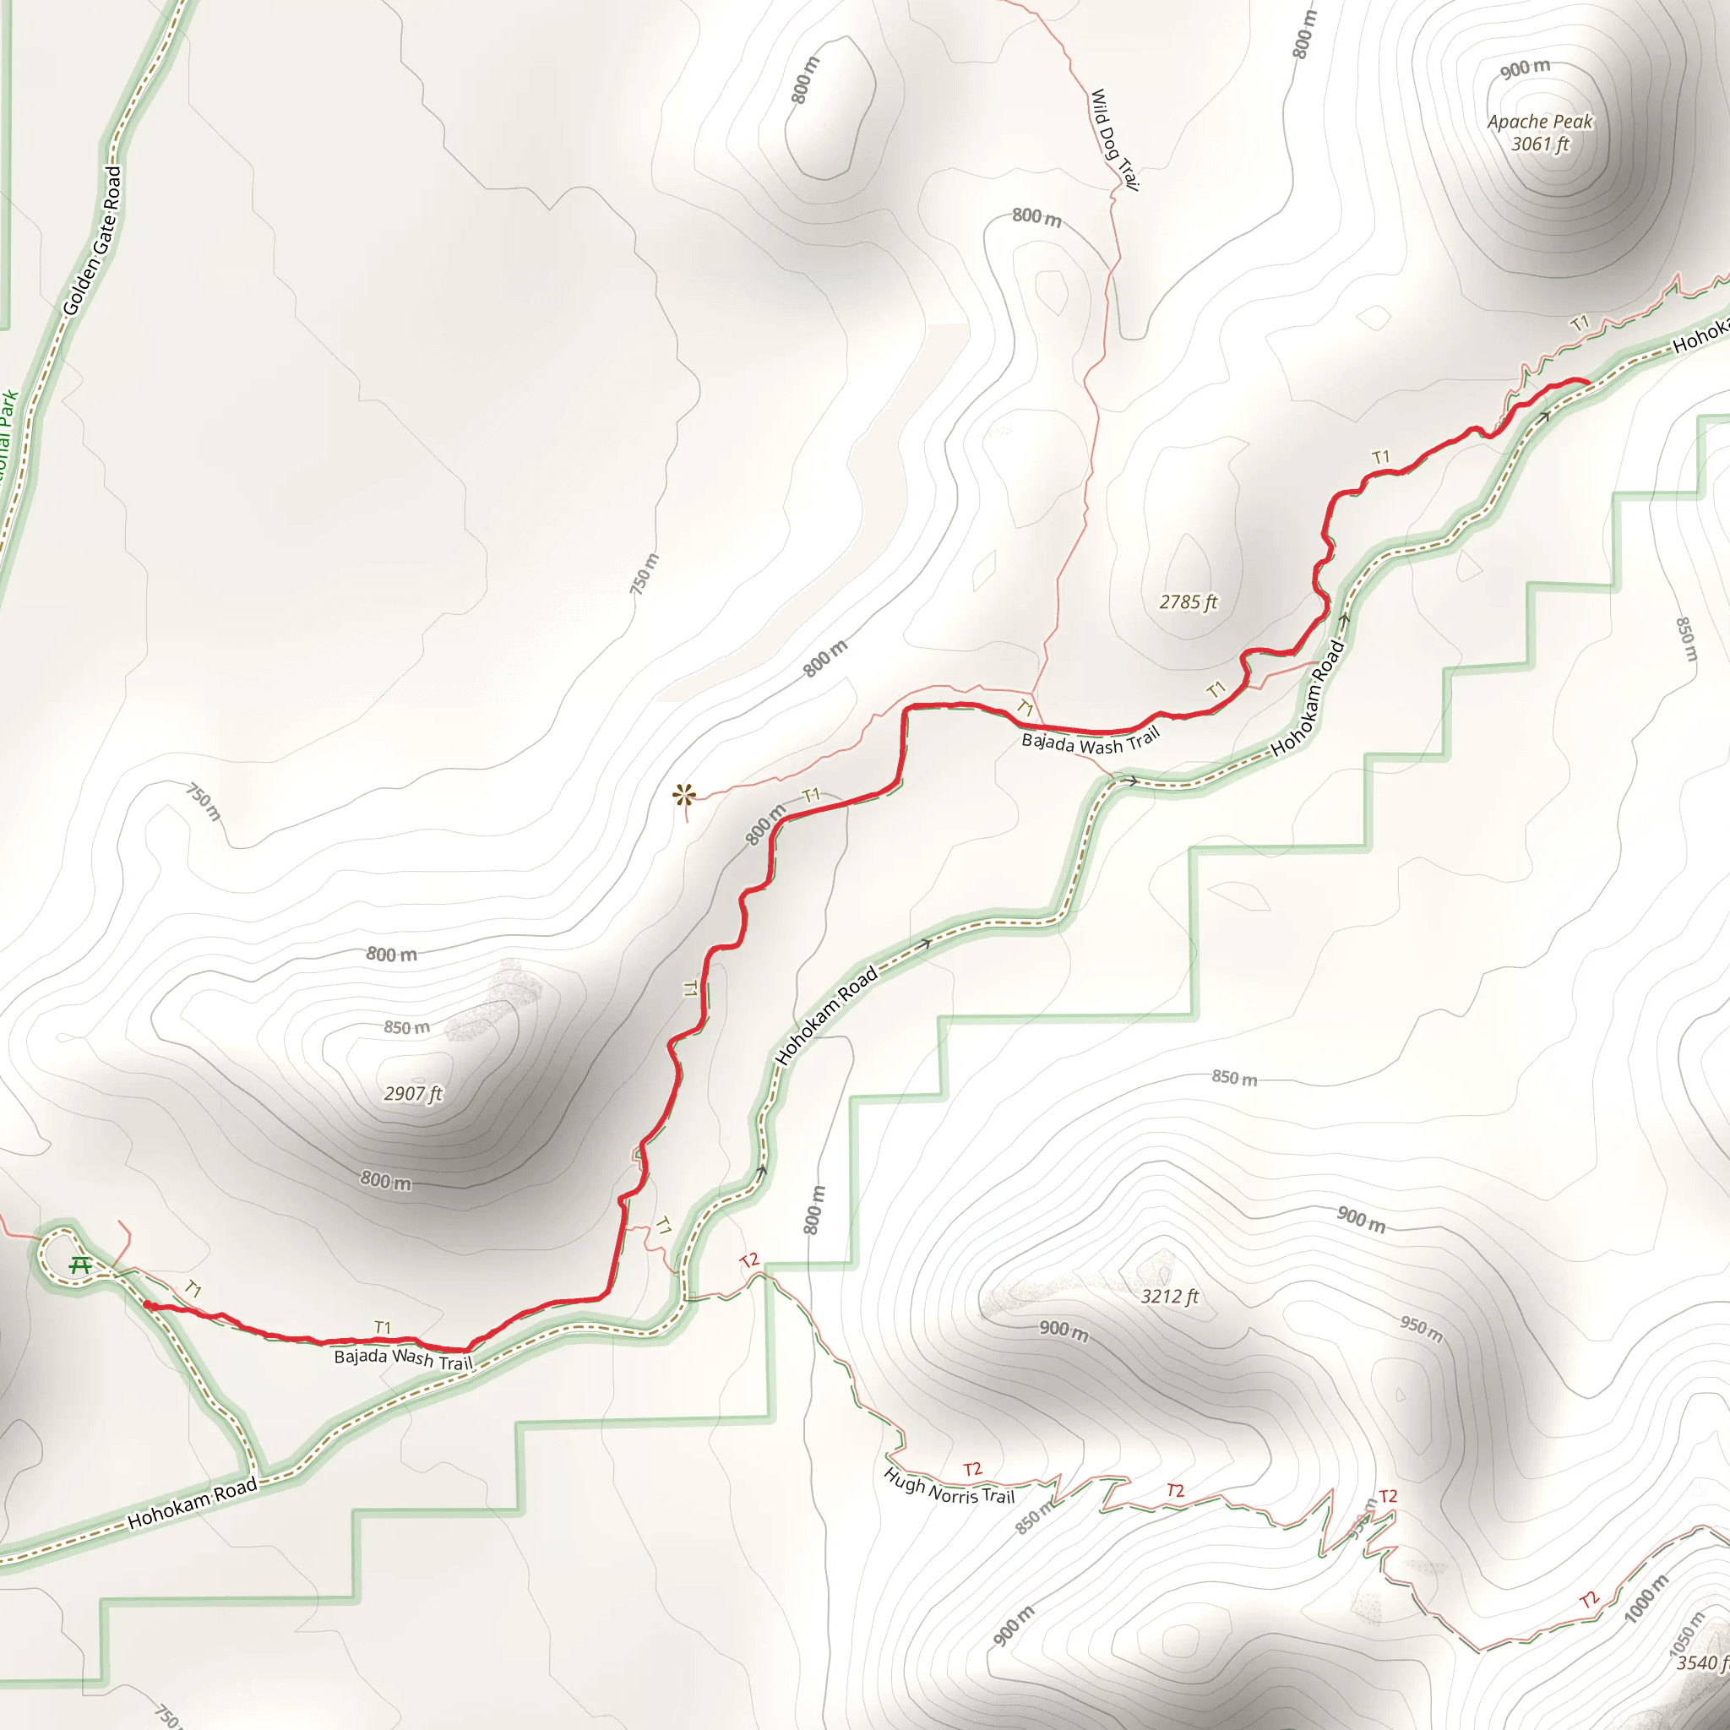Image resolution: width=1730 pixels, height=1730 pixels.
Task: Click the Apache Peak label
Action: (x=1540, y=122)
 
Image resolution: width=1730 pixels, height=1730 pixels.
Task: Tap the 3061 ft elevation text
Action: (x=1540, y=144)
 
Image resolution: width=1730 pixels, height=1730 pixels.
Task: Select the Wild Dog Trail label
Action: (x=1114, y=139)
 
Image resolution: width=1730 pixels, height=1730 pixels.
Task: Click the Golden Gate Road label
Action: (x=92, y=240)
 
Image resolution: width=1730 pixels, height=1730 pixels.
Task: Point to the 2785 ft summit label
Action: (x=1189, y=602)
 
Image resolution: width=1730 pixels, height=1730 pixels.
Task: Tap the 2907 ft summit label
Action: (x=413, y=1093)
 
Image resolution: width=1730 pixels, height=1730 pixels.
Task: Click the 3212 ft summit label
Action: (x=1169, y=1297)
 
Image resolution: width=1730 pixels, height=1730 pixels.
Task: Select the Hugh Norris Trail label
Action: (x=949, y=1487)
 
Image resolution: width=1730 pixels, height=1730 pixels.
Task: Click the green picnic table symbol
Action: (x=80, y=1265)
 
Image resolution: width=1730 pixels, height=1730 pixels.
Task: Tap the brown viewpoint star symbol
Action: (x=685, y=793)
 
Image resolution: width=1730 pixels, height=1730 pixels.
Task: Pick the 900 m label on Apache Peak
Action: (x=1525, y=68)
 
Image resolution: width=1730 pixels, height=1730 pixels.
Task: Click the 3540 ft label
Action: (x=1701, y=1662)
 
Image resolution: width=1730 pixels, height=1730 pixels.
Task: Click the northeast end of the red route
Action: (x=1586, y=383)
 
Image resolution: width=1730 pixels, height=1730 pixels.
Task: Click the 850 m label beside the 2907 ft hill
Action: (x=406, y=1028)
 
